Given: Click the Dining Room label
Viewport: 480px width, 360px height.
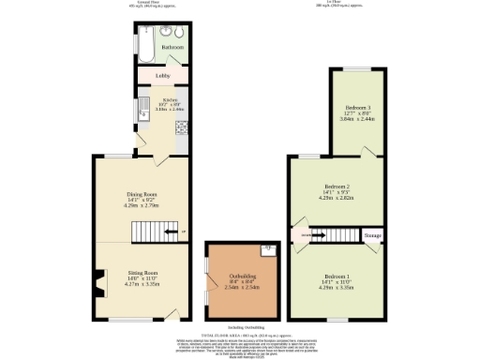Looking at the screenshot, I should tap(142, 195).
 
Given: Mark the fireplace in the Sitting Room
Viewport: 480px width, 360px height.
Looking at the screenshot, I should tap(97, 278).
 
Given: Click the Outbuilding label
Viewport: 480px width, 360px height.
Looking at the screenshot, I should tap(243, 274).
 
